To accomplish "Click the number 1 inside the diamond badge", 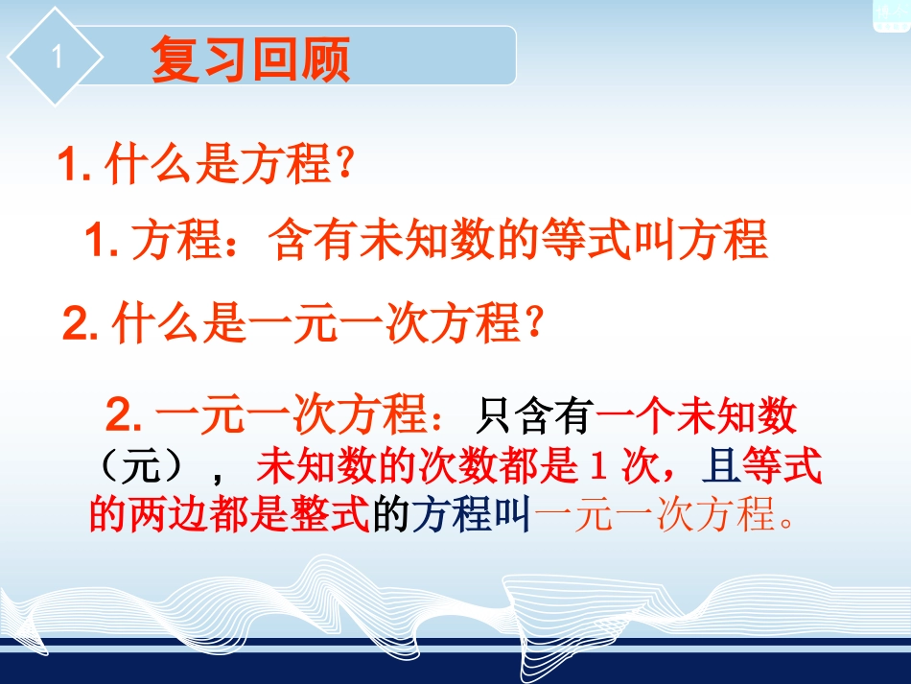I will point(56,57).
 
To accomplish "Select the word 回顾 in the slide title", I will point(301,60).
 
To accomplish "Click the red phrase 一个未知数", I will point(697,418).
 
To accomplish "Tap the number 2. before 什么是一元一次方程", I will point(82,324).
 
